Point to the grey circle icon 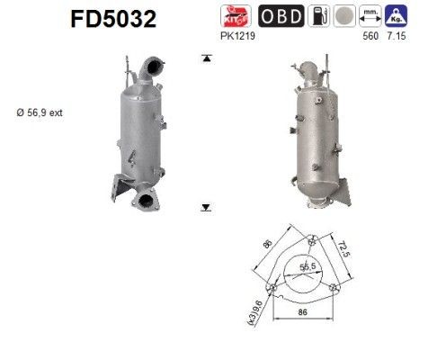[x=344, y=16]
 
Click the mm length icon [x=369, y=16]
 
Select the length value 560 [x=368, y=35]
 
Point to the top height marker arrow [x=206, y=58]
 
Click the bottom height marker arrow [x=206, y=206]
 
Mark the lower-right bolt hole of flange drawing [x=334, y=287]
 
